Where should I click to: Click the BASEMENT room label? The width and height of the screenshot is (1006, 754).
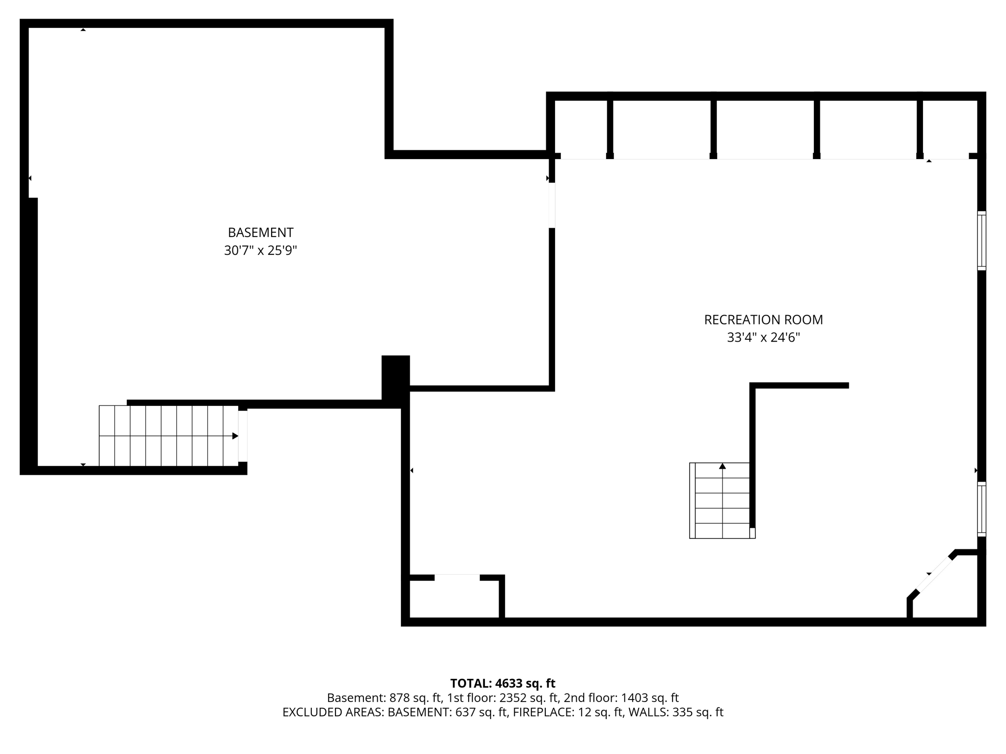point(260,232)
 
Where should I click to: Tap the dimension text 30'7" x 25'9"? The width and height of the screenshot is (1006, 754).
point(260,251)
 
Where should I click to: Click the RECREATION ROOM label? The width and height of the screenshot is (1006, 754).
point(763,320)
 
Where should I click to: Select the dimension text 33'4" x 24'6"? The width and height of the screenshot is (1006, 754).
point(763,338)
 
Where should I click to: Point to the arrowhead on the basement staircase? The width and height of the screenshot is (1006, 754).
point(235,436)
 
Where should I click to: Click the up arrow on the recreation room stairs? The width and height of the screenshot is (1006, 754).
point(722,466)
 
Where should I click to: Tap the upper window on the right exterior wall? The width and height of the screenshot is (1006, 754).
point(981,241)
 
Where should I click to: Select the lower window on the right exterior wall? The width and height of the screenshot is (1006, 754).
point(981,509)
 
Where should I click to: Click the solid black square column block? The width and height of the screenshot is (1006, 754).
point(395,378)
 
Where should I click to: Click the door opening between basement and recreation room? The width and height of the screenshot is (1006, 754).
point(552,205)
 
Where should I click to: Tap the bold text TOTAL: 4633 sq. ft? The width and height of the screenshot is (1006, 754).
point(503,683)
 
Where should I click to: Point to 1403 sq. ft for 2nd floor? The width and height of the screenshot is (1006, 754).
point(650,698)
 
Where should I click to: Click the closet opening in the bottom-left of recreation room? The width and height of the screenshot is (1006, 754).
point(457,577)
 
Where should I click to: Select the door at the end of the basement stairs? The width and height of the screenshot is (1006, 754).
point(243,436)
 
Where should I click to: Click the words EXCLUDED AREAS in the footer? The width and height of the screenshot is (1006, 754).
point(333,712)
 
